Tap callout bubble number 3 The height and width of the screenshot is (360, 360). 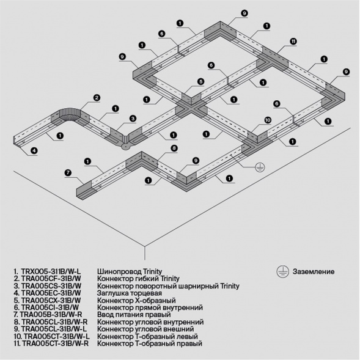coord(132,119)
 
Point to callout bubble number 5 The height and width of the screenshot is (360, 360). coord(200,81)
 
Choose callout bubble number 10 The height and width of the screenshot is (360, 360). coord(267,120)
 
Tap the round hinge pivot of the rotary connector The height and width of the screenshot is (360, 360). coord(125,145)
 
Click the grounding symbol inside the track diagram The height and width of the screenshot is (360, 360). coord(259,166)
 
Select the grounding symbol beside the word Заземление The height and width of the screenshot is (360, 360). coord(282,271)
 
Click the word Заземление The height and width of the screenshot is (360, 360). coord(314,271)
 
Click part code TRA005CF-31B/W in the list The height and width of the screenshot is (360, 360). coord(50,277)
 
